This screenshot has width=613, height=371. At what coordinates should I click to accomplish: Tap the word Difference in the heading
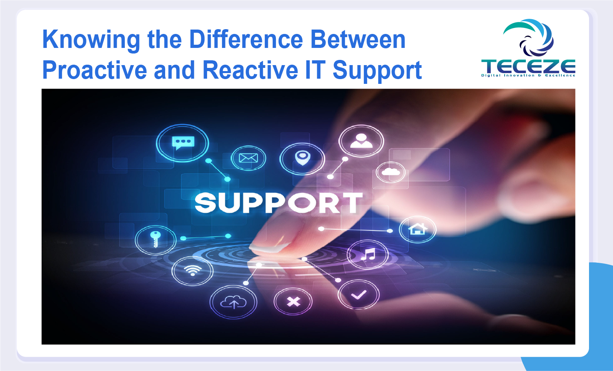point(246,40)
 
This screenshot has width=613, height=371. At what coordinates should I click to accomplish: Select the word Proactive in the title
point(95,70)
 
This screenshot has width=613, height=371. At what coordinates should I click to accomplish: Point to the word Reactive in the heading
point(250,70)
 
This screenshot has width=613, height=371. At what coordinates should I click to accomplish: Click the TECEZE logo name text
point(528,66)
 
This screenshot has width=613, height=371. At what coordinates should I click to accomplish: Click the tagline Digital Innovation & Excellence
point(528,75)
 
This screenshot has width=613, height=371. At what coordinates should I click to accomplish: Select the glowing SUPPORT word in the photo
point(279,202)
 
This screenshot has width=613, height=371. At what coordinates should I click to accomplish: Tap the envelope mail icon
point(248,158)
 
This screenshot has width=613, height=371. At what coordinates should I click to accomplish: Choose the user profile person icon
point(361,141)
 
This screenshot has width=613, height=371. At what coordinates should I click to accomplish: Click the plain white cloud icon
point(391,172)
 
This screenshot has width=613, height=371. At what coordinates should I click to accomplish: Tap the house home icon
point(417,229)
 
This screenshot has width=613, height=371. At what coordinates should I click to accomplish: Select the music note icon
point(368,254)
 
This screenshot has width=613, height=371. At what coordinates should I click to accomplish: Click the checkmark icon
point(359,295)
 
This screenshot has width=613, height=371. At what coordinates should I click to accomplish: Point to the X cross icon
point(294,302)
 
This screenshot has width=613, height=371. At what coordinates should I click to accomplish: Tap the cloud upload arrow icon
point(234,302)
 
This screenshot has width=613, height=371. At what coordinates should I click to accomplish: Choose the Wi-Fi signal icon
point(193,270)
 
